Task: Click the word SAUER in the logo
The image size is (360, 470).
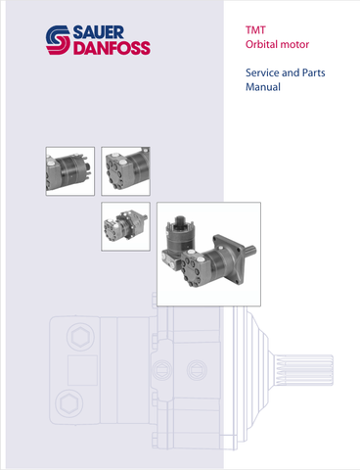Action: pos(99,32)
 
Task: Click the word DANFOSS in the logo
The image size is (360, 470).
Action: pos(112,48)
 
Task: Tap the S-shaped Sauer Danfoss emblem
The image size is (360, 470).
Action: pos(58,40)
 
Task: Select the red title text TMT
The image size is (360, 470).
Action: pos(255,30)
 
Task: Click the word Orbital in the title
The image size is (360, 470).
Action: pos(262,44)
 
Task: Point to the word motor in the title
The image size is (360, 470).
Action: pos(294,45)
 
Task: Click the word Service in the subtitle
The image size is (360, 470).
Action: pos(262,72)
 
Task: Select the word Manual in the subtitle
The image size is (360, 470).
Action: pos(263,87)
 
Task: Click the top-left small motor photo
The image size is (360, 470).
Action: pos(70,171)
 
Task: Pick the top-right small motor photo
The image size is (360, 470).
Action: pos(125,171)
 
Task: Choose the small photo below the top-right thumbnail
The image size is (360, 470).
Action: pos(125,226)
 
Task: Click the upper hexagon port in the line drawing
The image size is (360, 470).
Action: pos(80,337)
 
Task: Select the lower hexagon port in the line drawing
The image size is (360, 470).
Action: pos(69,403)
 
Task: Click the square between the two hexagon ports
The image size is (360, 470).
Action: pos(82,370)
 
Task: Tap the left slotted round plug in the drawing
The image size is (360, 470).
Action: pos(162,370)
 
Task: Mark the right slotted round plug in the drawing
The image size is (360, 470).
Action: pos(197,370)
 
